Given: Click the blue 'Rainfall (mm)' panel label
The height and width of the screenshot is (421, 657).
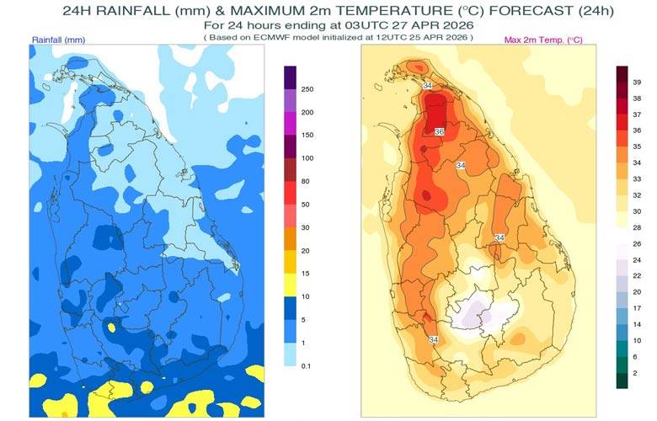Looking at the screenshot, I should [x=59, y=40].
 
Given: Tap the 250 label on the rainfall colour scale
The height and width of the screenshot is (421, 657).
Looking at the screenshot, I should [x=308, y=89].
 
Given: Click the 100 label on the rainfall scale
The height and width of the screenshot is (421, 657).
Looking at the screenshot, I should [x=308, y=157].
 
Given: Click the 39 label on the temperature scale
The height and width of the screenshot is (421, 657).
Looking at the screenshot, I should [x=637, y=83].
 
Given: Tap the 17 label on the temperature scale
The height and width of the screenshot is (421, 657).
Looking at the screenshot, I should [x=637, y=307].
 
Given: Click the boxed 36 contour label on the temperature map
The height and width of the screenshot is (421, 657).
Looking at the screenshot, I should [x=439, y=132].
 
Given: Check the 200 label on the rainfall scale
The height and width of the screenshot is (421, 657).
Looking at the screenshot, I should [x=308, y=112].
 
